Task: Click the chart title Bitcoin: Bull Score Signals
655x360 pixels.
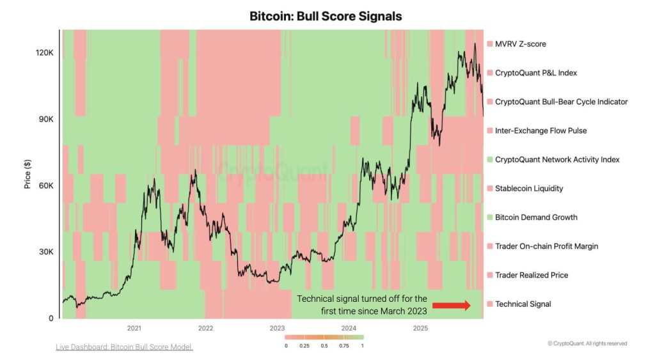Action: tap(326, 16)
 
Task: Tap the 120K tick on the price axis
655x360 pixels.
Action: tap(45, 52)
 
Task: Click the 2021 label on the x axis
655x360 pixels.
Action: tap(134, 328)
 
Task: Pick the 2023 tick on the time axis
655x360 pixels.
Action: tap(277, 328)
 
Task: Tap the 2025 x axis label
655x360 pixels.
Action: tap(420, 328)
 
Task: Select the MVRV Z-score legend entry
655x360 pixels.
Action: tap(520, 44)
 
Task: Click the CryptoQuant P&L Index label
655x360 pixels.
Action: tap(535, 73)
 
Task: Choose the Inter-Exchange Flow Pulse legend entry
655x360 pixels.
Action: tap(541, 130)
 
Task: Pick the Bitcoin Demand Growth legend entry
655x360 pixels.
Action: tap(536, 217)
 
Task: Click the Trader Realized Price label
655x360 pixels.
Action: tap(532, 275)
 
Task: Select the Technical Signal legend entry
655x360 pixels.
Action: tap(523, 304)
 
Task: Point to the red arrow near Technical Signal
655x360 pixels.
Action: tap(452, 305)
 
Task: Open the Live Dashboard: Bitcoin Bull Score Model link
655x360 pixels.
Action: tap(124, 347)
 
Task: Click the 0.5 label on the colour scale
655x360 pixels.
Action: tap(324, 345)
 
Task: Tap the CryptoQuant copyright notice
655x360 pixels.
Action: tap(587, 343)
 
